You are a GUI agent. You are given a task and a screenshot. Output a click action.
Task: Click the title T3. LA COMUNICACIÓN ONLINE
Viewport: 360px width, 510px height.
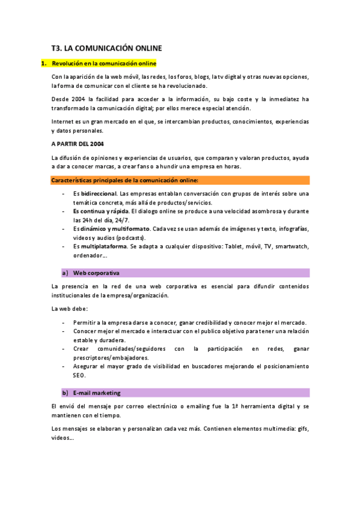click(x=107, y=48)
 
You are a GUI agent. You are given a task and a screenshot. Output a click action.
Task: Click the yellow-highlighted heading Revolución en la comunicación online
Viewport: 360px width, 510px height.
click(x=104, y=63)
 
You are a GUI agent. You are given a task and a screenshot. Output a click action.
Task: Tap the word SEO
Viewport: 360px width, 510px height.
click(x=79, y=375)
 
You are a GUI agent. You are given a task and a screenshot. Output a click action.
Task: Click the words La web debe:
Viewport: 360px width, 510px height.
click(x=70, y=309)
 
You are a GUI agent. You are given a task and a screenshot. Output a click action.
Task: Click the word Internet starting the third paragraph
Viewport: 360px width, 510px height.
click(x=63, y=121)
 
